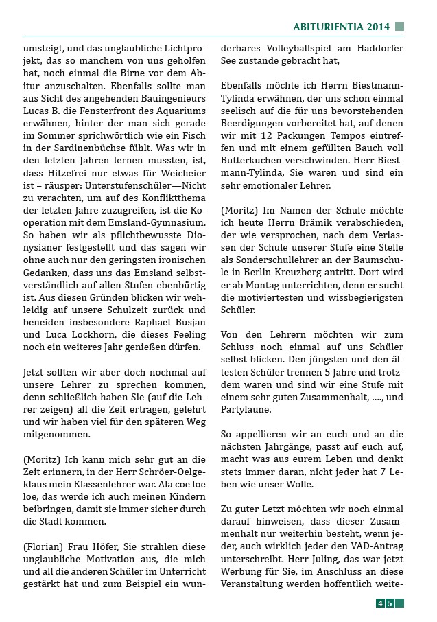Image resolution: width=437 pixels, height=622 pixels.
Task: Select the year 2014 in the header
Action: point(378,27)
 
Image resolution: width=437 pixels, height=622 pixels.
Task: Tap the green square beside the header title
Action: point(400,27)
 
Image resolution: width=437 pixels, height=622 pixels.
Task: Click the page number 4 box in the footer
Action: point(380,603)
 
